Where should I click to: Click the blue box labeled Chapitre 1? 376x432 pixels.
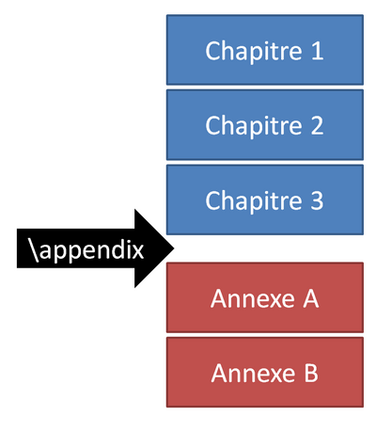point(264,49)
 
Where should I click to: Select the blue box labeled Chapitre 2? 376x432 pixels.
point(264,124)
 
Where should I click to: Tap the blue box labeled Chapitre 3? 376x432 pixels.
point(264,200)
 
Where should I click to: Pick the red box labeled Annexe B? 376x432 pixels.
point(264,373)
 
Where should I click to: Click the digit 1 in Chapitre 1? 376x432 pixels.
point(318,50)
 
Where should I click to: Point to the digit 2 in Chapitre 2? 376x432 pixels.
point(318,125)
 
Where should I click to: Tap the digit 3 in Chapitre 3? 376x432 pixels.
point(318,200)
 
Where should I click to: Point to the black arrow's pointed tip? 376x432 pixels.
point(174,248)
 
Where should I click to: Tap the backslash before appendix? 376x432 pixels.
point(35,250)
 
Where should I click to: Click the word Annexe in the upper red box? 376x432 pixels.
point(250,298)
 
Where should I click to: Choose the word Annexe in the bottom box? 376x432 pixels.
point(250,374)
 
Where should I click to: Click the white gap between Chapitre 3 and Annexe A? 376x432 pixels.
point(264,248)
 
